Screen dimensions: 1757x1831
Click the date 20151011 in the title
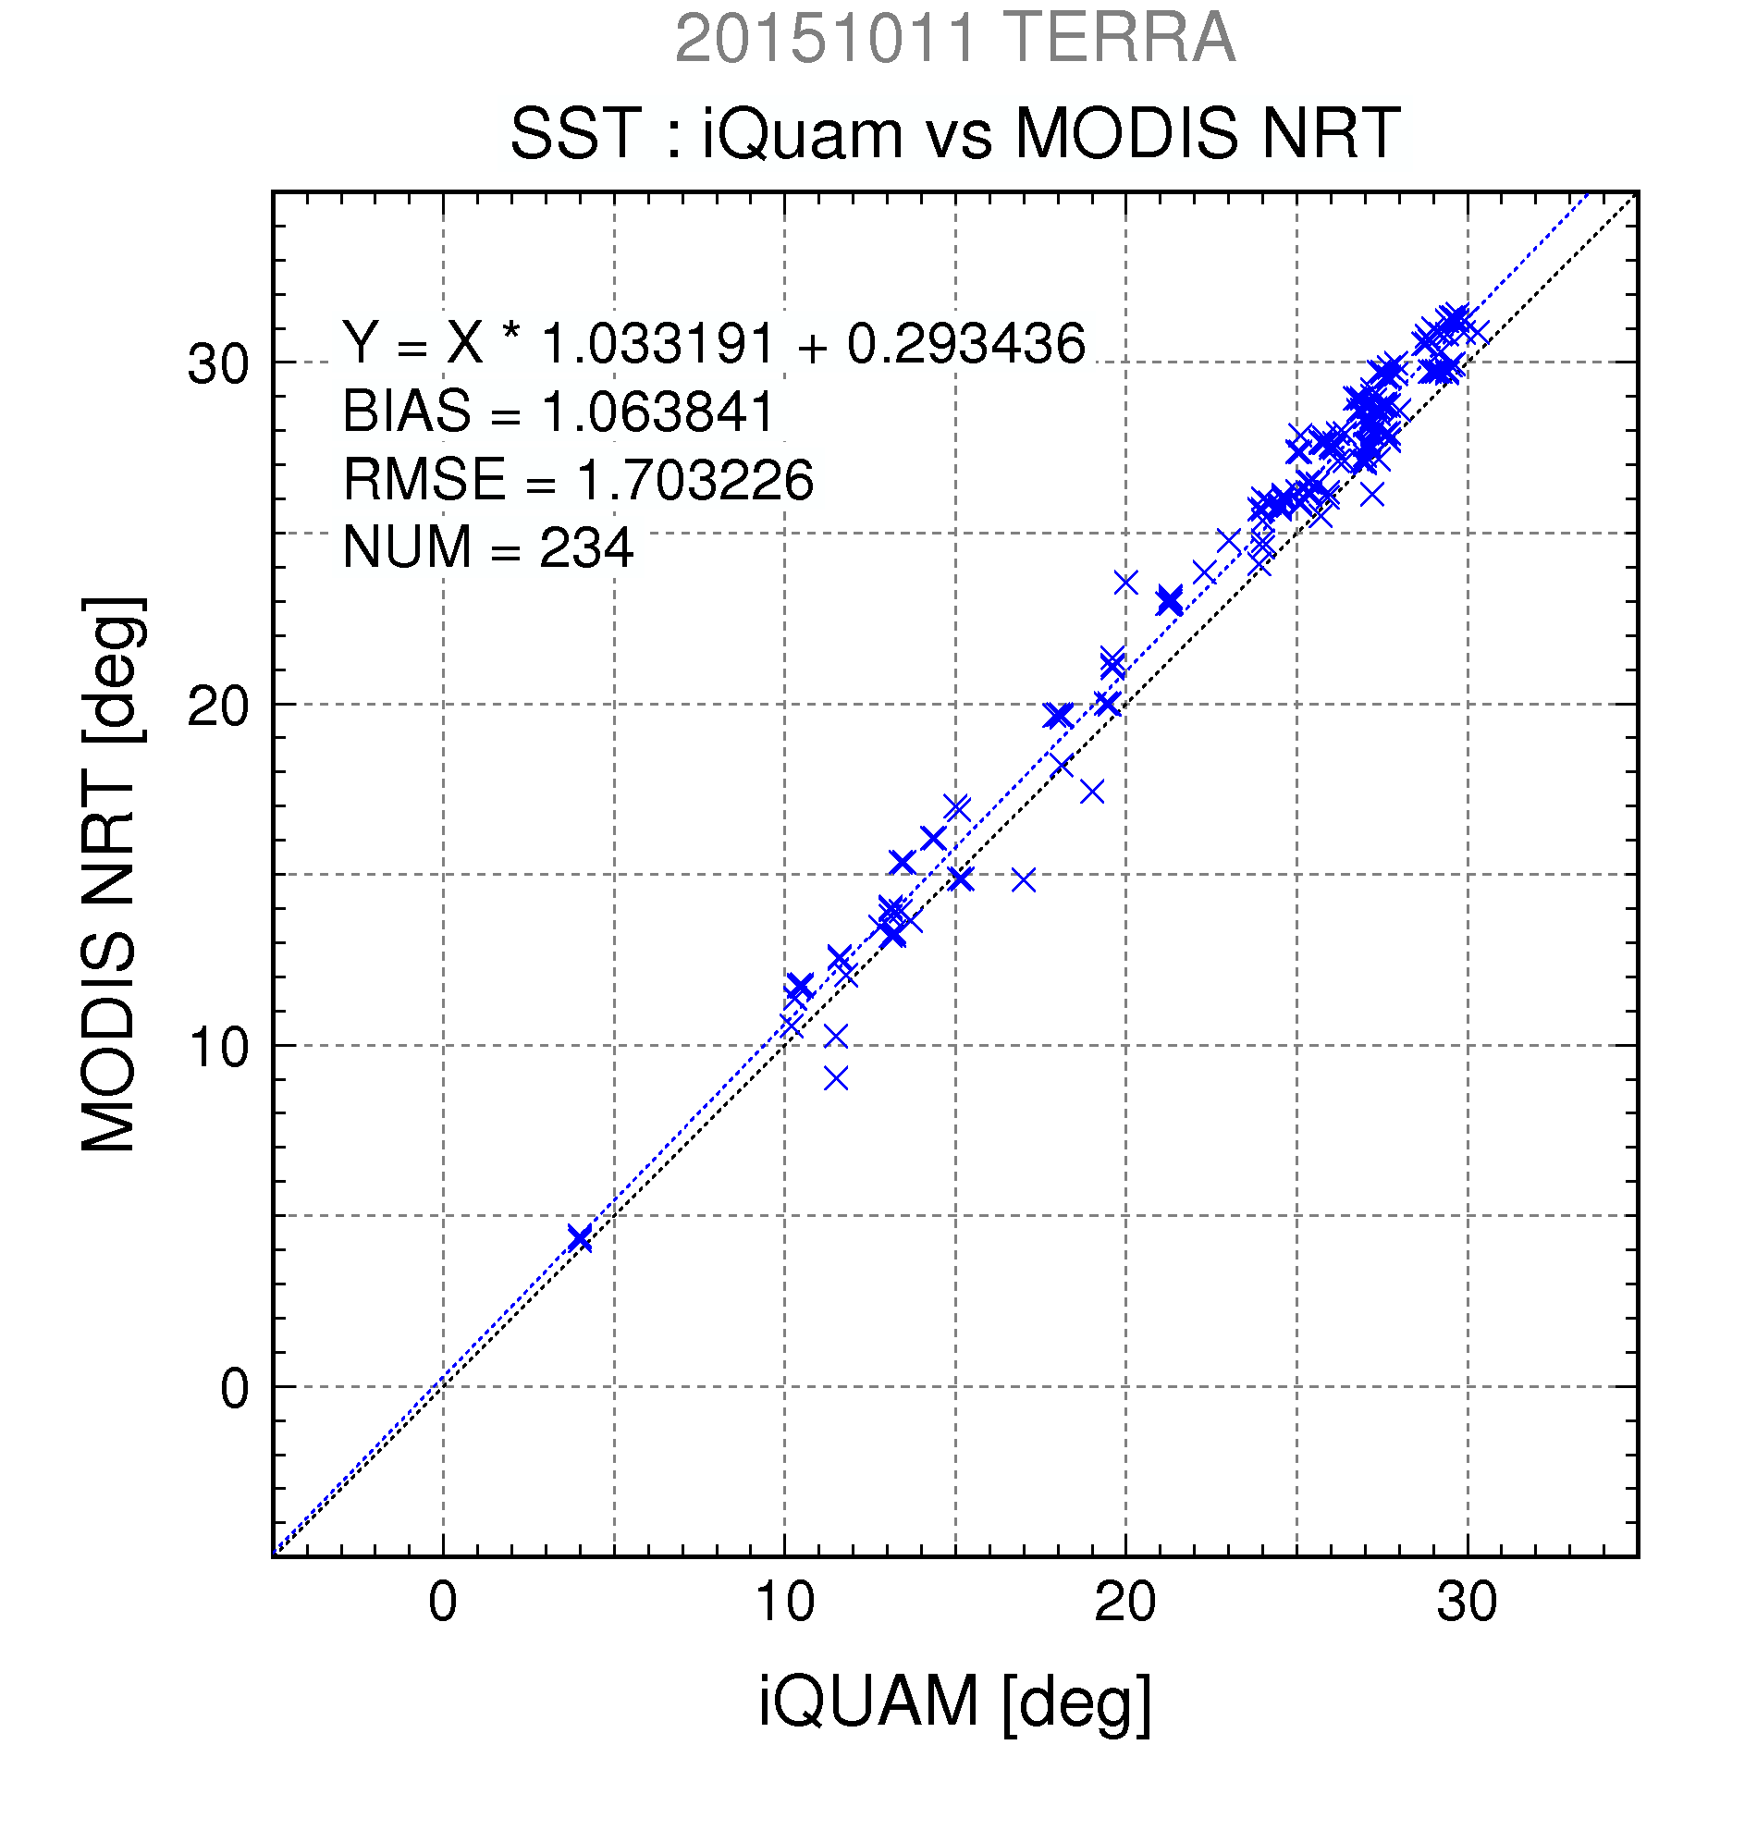[x=825, y=39]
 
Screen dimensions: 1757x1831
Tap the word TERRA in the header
[x=1121, y=39]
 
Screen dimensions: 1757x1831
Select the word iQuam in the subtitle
[x=803, y=134]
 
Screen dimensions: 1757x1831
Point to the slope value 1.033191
[x=657, y=343]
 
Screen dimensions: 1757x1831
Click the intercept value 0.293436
[x=965, y=343]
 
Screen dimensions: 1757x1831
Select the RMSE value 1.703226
[x=694, y=480]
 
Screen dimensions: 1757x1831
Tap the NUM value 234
[x=585, y=547]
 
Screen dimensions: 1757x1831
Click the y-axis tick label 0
[x=235, y=1388]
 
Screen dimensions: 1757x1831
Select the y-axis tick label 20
[x=218, y=707]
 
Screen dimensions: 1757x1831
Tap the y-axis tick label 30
[x=218, y=364]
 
